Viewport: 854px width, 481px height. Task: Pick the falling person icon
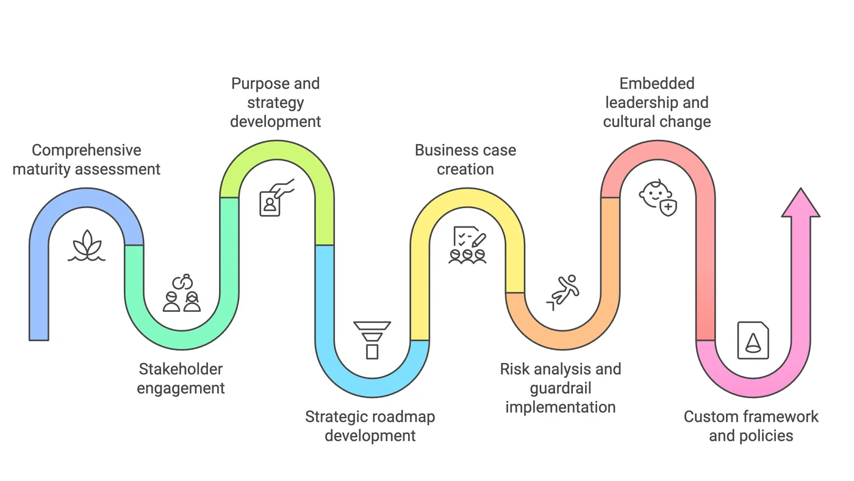click(x=564, y=292)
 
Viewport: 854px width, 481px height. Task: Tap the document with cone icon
click(x=753, y=340)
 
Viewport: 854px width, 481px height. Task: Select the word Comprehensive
click(x=86, y=150)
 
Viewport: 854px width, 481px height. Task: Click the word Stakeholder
click(x=181, y=369)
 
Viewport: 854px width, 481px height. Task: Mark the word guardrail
click(x=561, y=388)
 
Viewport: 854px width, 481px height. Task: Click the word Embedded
click(x=657, y=84)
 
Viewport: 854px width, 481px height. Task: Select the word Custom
click(x=709, y=417)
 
